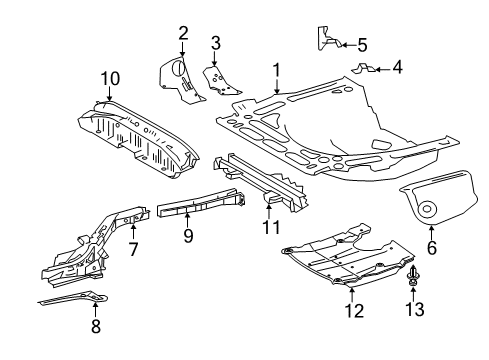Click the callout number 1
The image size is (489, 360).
(277, 71)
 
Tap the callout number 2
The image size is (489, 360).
(183, 33)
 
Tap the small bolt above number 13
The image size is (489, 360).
(413, 276)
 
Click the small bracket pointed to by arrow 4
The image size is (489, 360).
(363, 68)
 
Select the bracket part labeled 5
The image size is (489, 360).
(327, 38)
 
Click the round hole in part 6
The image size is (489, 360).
(427, 209)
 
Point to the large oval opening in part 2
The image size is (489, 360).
(177, 67)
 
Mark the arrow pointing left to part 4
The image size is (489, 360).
(383, 70)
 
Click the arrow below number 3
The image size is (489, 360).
(214, 59)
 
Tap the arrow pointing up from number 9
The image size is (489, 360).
(187, 220)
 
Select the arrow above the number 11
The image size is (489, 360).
(269, 212)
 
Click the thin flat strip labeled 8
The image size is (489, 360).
(74, 298)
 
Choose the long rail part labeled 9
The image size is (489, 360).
(201, 202)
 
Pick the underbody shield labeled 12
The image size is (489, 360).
(348, 256)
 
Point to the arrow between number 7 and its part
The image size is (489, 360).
(133, 233)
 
